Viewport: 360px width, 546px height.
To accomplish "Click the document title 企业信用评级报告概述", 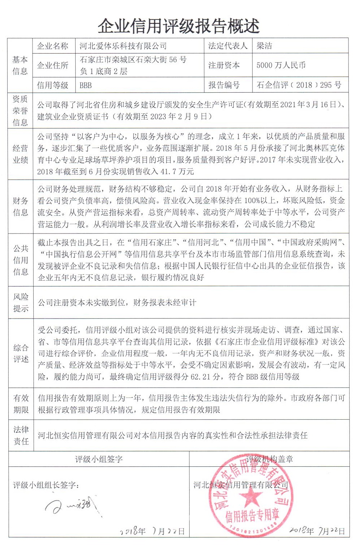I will pyautogui.click(x=179, y=26).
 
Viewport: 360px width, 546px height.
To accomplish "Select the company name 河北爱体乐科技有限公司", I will pyautogui.click(x=123, y=46).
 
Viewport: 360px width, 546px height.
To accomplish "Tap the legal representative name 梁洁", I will pyautogui.click(x=264, y=46).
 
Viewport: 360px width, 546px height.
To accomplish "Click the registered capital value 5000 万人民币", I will pyautogui.click(x=281, y=65).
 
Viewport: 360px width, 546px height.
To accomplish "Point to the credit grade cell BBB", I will pyautogui.click(x=86, y=85).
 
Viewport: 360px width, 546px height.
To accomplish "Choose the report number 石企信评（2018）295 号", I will pyautogui.click(x=299, y=85).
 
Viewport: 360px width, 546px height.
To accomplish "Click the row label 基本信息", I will pyautogui.click(x=20, y=65).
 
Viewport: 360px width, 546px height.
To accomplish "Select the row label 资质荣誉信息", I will pyautogui.click(x=20, y=110).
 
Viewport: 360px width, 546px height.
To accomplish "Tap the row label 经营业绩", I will pyautogui.click(x=20, y=154).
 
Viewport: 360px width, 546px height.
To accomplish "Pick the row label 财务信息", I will pyautogui.click(x=20, y=206).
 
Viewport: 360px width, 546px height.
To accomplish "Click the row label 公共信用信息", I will pyautogui.click(x=20, y=260).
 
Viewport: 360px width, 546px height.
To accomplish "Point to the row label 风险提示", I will pyautogui.click(x=20, y=303).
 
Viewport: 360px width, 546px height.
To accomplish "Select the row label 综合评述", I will pyautogui.click(x=20, y=353).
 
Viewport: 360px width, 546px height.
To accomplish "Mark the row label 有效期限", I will pyautogui.click(x=20, y=404).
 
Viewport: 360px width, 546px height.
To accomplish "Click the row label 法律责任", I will pyautogui.click(x=20, y=435).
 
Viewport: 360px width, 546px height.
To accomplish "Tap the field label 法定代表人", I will pyautogui.click(x=228, y=46).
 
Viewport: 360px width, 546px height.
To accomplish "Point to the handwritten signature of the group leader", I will pyautogui.click(x=72, y=504).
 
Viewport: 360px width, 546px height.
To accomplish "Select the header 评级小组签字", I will pyautogui.click(x=99, y=459).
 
